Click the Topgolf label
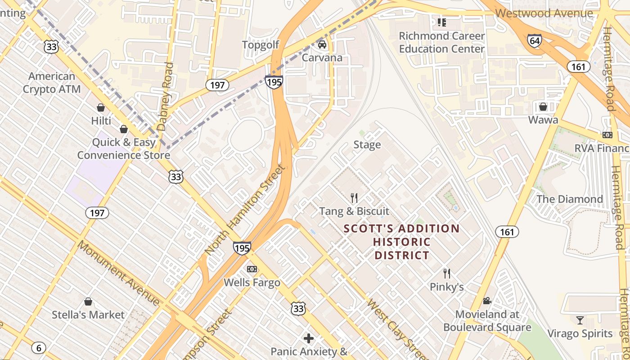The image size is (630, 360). click(x=261, y=45)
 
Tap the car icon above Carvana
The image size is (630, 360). click(x=322, y=45)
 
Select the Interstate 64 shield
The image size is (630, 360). click(x=534, y=40)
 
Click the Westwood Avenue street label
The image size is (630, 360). click(x=544, y=13)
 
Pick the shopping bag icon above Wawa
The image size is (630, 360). click(x=543, y=107)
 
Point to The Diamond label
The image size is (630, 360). click(x=569, y=199)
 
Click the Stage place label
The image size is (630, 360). click(x=367, y=144)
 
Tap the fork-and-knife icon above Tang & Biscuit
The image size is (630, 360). click(x=354, y=198)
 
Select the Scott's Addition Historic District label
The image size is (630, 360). click(x=401, y=242)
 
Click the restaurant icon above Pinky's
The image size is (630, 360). click(x=447, y=273)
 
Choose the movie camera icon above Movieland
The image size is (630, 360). click(x=487, y=301)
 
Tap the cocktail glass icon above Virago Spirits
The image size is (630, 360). click(x=580, y=320)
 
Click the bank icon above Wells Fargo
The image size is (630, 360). click(x=252, y=269)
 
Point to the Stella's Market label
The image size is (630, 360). click(x=88, y=315)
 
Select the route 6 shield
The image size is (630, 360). click(x=39, y=347)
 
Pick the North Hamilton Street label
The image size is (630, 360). click(x=245, y=210)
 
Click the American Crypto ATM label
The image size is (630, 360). click(x=52, y=83)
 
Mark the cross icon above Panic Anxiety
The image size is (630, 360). click(x=309, y=338)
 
